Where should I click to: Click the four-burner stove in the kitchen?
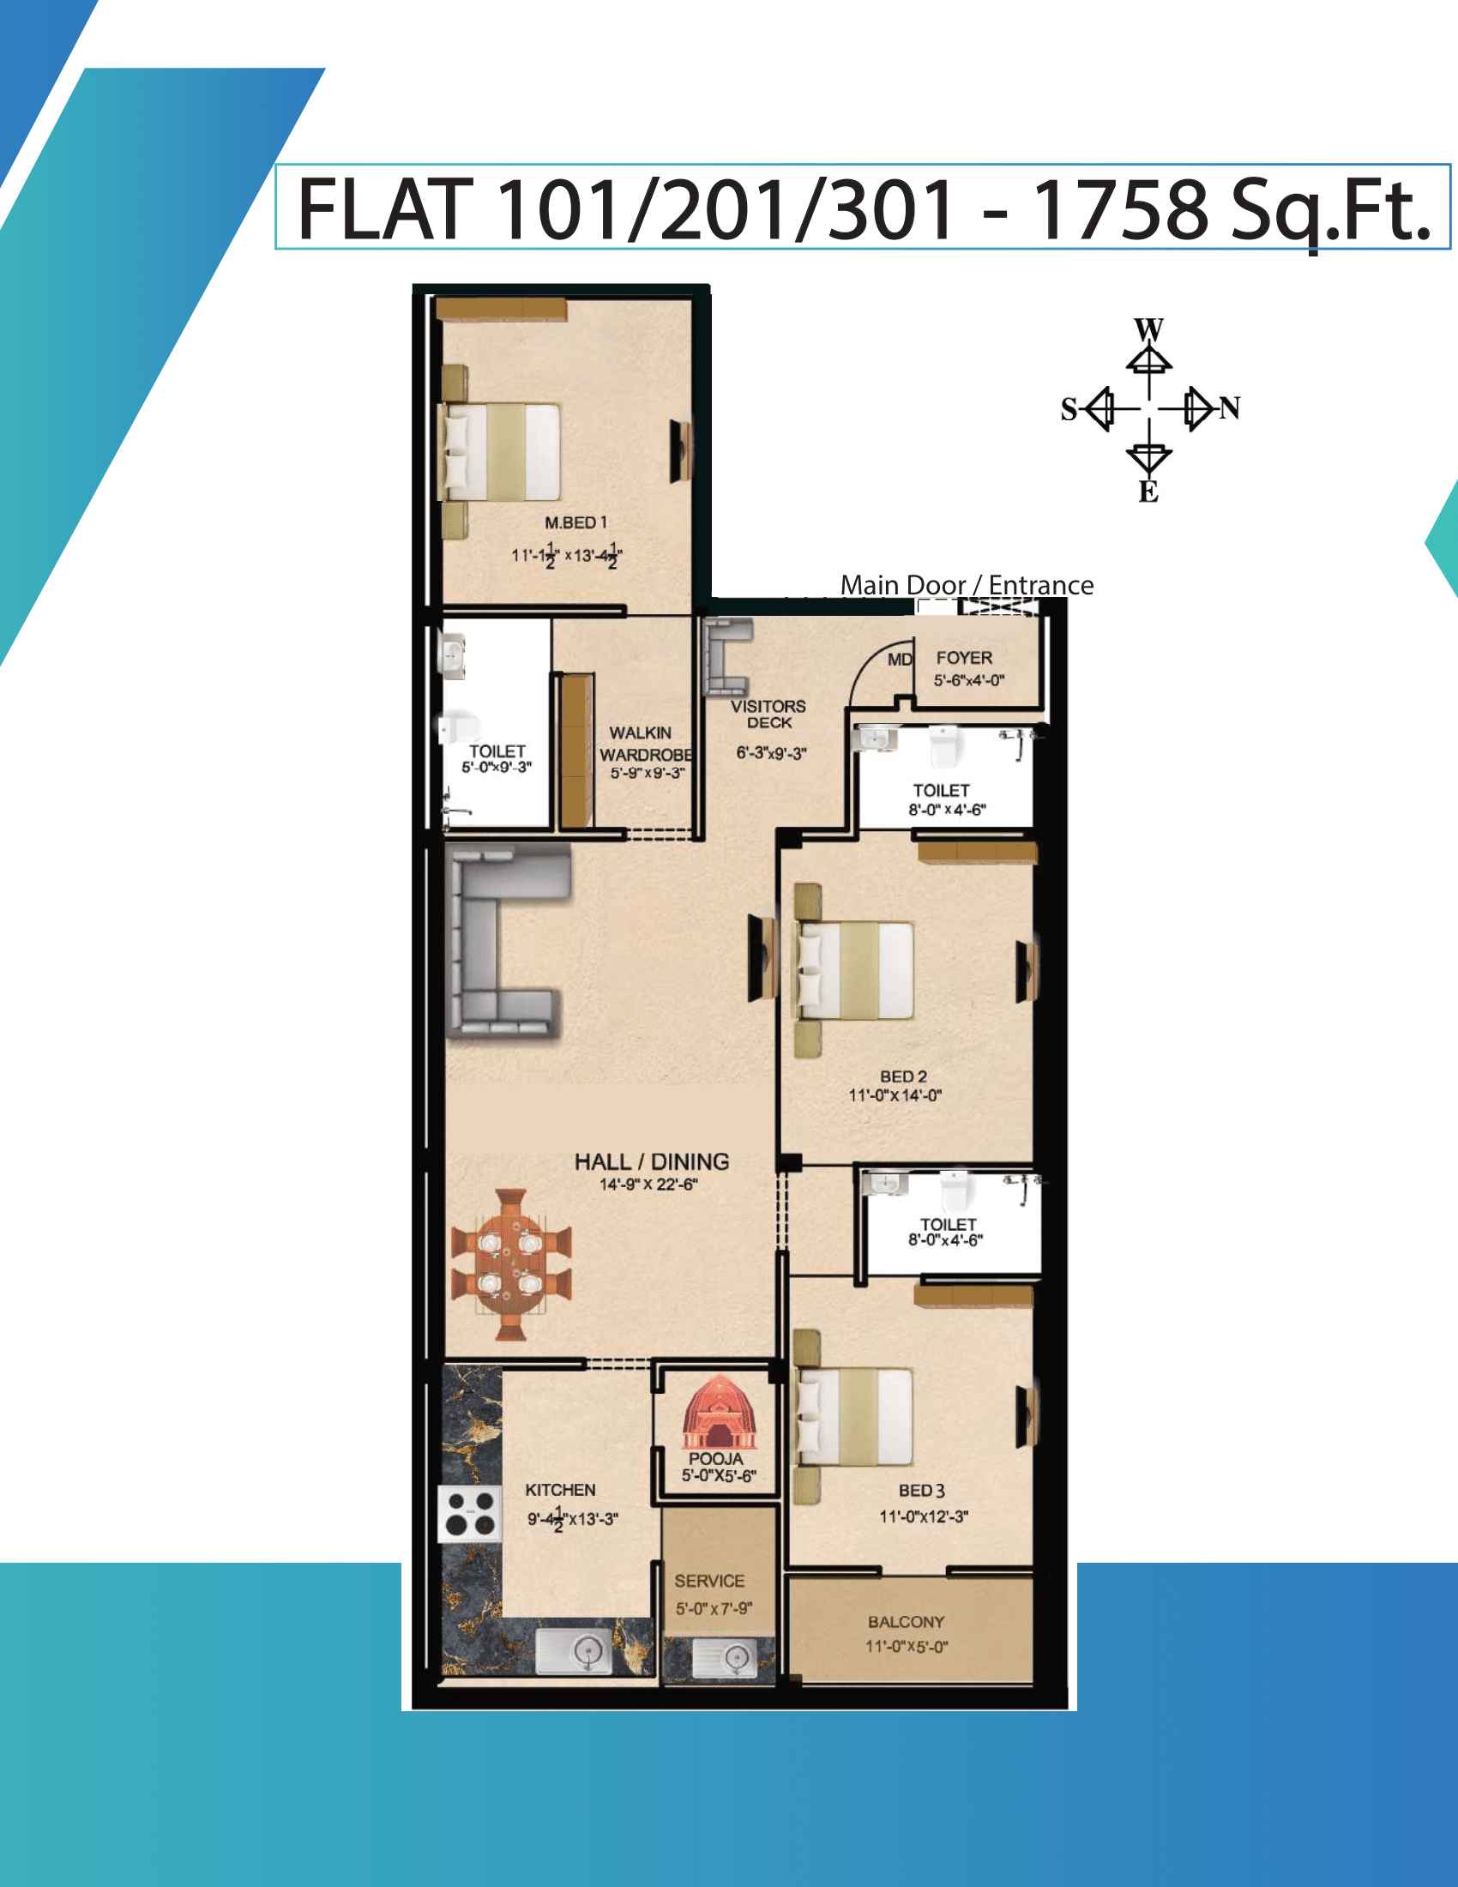point(470,1514)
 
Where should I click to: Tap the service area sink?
point(725,1656)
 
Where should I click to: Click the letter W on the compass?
point(1148,330)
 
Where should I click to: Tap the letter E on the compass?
point(1148,491)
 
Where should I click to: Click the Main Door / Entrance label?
point(967,585)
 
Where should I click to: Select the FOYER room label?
point(964,659)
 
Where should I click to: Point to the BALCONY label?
point(906,1622)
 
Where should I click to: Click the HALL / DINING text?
point(652,1162)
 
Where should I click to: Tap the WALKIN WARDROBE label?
point(645,744)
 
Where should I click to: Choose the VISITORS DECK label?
point(768,714)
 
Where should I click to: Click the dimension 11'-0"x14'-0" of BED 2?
point(895,1095)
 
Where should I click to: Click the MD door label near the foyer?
point(900,660)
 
